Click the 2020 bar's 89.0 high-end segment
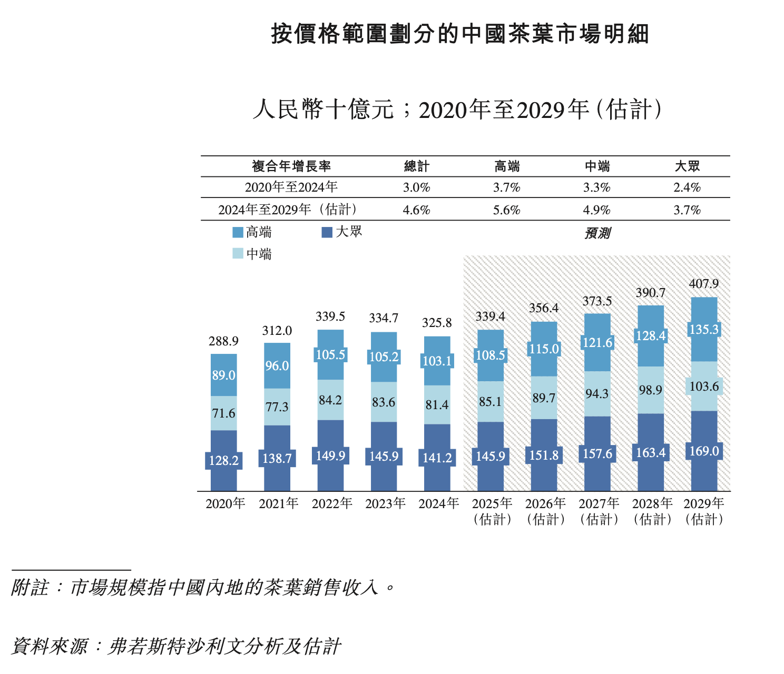point(223,375)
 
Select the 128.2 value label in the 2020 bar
point(223,461)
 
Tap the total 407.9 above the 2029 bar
point(703,284)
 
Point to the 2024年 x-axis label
point(438,504)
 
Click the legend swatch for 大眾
point(327,232)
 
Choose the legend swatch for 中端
point(238,254)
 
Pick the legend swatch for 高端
point(238,232)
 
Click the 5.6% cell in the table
point(506,210)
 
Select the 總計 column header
point(416,166)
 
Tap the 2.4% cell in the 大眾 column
point(687,187)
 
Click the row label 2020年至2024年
point(291,187)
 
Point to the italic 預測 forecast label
point(597,233)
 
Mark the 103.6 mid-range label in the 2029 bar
point(704,386)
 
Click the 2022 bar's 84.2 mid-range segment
point(330,400)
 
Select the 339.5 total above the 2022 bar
point(330,316)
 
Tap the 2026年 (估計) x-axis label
point(545,511)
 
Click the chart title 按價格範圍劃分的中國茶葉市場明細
point(460,34)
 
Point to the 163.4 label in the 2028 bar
point(651,453)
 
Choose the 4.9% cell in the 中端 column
point(596,210)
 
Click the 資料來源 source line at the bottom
point(176,646)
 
